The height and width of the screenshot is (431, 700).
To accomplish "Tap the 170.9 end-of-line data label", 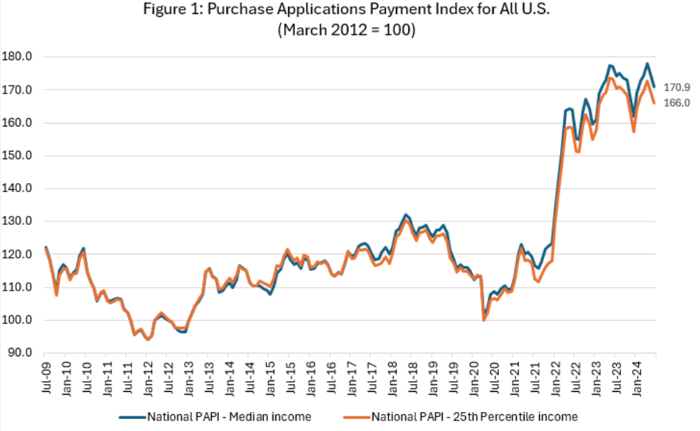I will point(677,87).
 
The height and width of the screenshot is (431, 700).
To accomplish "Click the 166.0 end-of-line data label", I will point(677,103).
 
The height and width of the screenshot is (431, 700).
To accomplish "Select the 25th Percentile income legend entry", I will point(475,417).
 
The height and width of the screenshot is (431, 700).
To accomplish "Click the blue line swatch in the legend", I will point(132,417).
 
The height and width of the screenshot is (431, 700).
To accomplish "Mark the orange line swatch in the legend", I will point(356,417).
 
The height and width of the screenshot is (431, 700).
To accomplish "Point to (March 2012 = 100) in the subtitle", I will point(349,32).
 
